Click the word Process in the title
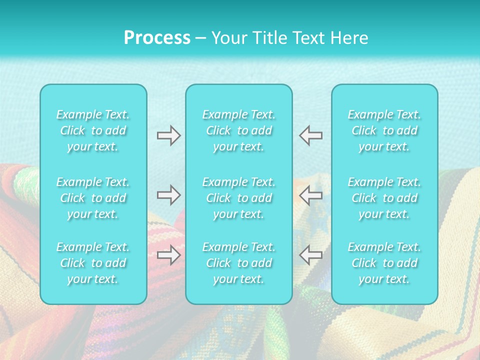point(157,38)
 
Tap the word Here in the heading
point(349,38)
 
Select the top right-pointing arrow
point(168,135)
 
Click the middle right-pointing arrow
point(168,195)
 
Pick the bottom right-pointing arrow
point(168,255)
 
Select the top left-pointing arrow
point(310,135)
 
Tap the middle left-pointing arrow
point(310,195)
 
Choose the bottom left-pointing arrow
point(310,255)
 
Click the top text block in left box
point(93,130)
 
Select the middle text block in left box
point(93,198)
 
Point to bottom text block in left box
point(93,263)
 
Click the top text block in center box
point(239,130)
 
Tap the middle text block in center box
point(239,198)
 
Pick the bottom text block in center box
point(239,263)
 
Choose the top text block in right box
point(384,130)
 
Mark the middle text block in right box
point(384,198)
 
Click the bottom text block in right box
point(384,263)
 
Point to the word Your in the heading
point(228,38)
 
